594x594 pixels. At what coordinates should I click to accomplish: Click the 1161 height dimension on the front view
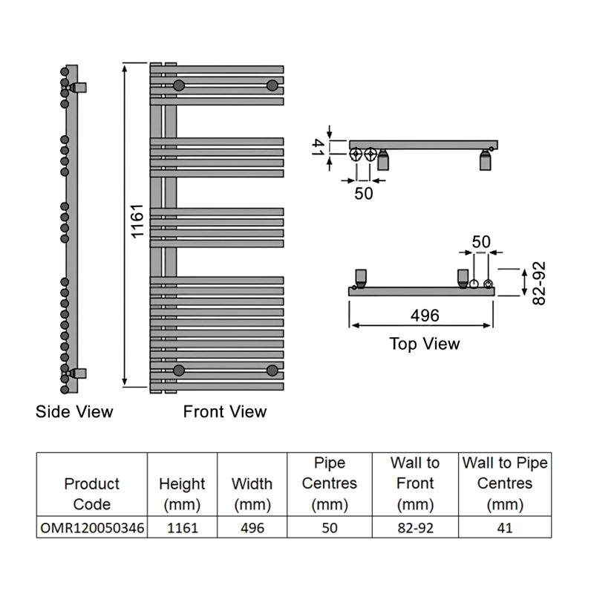[x=137, y=221]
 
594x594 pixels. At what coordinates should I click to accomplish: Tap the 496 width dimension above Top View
[x=425, y=315]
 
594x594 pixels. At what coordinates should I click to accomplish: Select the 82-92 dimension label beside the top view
[x=539, y=283]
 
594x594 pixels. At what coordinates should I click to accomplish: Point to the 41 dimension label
[x=319, y=147]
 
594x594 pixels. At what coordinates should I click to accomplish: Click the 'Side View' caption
[x=74, y=412]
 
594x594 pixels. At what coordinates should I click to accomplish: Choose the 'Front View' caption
[x=225, y=412]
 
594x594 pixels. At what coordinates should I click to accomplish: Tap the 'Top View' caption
[x=425, y=344]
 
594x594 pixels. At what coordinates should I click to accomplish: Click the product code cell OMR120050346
[x=92, y=528]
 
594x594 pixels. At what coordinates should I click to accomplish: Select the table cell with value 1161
[x=183, y=528]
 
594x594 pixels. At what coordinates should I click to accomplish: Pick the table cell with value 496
[x=252, y=528]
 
